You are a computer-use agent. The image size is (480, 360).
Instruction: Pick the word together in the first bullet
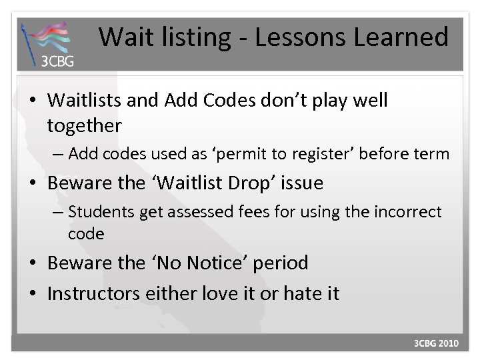coord(85,125)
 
